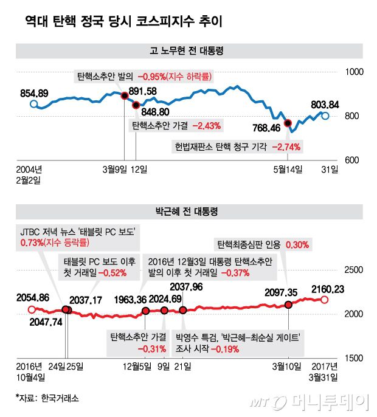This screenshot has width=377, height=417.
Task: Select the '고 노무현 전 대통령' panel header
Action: [188, 51]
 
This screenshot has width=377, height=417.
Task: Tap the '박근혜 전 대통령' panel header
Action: [188, 212]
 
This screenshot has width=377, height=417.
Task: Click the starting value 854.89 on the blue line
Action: [34, 93]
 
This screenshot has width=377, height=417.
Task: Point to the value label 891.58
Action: [143, 91]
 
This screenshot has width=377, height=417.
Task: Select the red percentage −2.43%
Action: [207, 126]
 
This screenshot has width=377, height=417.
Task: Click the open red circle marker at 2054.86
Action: [32, 309]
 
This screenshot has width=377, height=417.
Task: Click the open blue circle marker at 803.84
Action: [325, 115]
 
